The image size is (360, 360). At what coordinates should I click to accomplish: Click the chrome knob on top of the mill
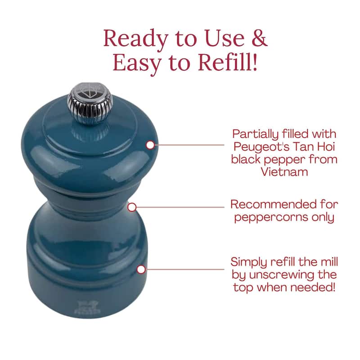(x=90, y=104)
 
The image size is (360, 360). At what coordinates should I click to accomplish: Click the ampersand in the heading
(x=260, y=38)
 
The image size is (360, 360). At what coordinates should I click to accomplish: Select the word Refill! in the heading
(x=227, y=62)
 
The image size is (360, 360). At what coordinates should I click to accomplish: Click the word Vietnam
(x=284, y=172)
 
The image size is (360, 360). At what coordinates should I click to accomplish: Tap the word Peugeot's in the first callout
(x=261, y=147)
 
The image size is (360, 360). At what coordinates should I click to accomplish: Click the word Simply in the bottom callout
(x=249, y=263)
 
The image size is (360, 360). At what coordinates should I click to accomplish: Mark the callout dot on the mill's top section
(x=150, y=145)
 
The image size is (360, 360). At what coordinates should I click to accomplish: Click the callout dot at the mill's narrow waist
(x=132, y=207)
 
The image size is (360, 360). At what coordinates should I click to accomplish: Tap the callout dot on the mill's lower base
(x=141, y=269)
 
